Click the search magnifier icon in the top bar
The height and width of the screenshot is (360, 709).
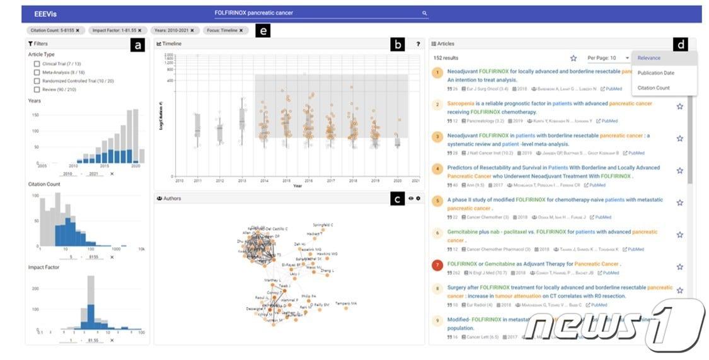tap(424, 13)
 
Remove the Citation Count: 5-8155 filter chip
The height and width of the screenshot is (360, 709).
tap(77, 30)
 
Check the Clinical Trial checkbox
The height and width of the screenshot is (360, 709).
tap(37, 64)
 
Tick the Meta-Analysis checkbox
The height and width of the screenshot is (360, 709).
tap(37, 73)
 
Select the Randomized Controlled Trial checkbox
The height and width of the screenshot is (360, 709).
tap(37, 81)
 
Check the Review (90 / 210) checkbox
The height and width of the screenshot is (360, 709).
tap(37, 90)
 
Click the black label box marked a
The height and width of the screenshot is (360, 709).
tap(137, 44)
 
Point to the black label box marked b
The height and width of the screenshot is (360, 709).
tap(398, 44)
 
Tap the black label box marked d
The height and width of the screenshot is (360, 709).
tap(681, 44)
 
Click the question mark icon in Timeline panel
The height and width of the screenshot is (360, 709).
tap(418, 44)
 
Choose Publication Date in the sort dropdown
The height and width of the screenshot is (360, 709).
tap(655, 73)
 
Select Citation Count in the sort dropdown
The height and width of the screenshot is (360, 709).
tap(654, 88)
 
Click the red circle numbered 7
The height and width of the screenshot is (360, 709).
tap(437, 264)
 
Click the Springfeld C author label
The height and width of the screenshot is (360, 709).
tap(323, 224)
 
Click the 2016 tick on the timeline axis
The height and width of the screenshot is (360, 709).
tap(308, 181)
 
